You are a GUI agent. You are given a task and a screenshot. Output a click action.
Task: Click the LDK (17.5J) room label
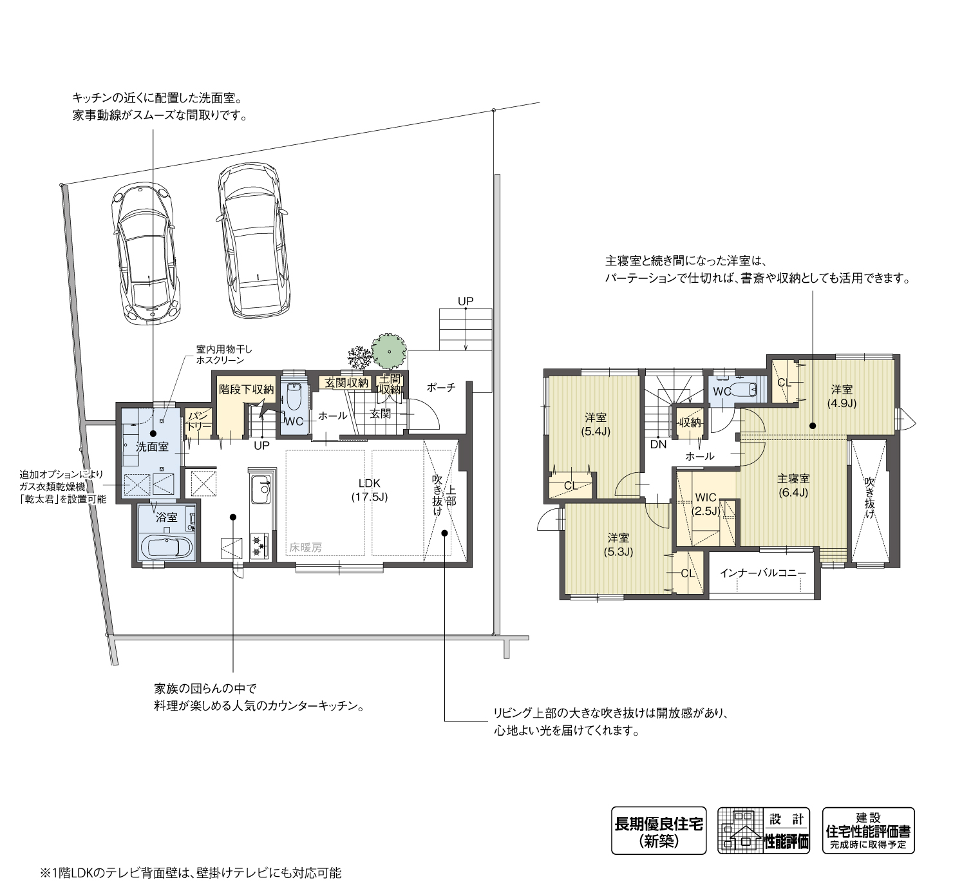[369, 490]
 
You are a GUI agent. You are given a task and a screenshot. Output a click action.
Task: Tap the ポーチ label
[441, 387]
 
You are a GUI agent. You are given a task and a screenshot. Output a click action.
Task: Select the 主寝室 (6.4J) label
[793, 485]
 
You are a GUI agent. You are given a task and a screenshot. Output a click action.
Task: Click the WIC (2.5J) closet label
[706, 504]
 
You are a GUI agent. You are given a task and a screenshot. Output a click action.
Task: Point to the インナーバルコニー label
[762, 572]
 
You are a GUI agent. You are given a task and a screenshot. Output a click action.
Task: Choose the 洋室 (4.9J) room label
[842, 396]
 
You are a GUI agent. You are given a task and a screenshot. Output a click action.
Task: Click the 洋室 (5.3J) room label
[618, 544]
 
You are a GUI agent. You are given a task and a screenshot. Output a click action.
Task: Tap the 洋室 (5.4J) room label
[596, 424]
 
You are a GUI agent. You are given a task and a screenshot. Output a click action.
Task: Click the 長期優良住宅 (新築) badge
[658, 830]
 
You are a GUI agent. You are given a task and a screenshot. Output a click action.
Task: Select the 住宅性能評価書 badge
[868, 830]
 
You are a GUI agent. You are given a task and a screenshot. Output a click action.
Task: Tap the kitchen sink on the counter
[261, 492]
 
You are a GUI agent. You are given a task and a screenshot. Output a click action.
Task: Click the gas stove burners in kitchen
[259, 545]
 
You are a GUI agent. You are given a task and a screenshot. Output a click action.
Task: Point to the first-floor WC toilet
[294, 398]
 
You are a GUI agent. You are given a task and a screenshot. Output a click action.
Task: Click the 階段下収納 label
[247, 389]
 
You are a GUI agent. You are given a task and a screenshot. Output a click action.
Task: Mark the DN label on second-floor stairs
[658, 444]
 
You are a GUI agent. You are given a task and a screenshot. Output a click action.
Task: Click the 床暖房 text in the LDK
[305, 548]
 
